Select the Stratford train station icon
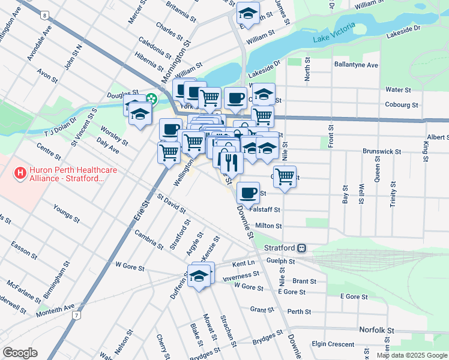tap(302, 247)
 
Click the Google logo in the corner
tap(20, 353)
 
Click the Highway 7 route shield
tap(76, 315)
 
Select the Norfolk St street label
tap(376, 331)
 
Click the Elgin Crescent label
tap(333, 344)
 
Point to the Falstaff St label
tap(268, 210)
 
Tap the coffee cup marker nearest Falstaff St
tap(248, 193)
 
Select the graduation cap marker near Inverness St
tap(199, 277)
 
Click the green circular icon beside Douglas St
tap(152, 99)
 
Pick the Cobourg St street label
tap(402, 104)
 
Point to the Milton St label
tap(268, 226)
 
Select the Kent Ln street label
tap(243, 263)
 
